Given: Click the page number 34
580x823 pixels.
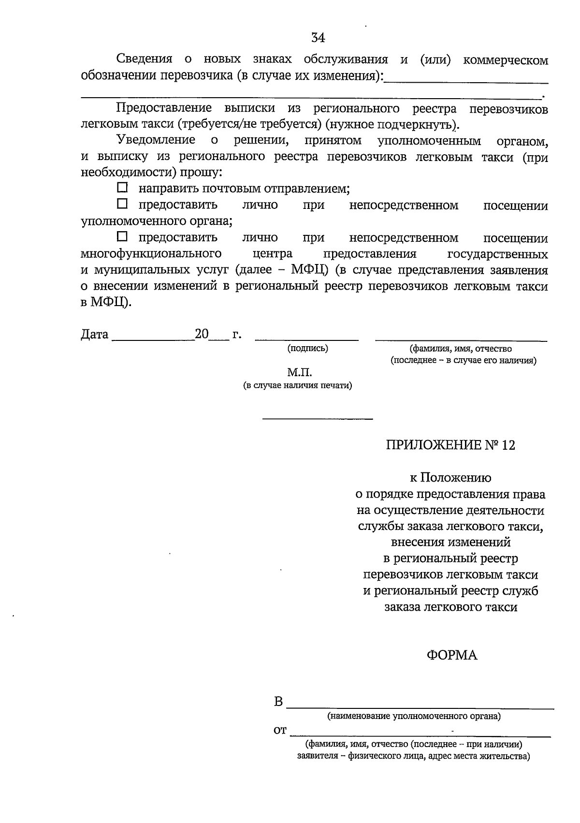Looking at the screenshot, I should click(318, 38).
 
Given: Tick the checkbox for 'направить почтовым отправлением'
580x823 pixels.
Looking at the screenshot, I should click(123, 187).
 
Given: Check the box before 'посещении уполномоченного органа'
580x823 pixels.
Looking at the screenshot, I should click(123, 204).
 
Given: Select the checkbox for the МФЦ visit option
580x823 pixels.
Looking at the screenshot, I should click(123, 236).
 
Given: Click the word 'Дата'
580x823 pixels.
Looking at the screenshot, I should click(95, 335).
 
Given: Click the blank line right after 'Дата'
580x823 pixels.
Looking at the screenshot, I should click(153, 340).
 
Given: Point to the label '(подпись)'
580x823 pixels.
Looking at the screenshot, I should click(307, 348).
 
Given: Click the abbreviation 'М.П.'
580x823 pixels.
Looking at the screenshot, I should click(300, 372).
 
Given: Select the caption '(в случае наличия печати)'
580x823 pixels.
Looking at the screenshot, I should click(297, 385).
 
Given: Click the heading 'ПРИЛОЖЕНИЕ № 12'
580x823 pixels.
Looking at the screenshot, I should click(450, 445).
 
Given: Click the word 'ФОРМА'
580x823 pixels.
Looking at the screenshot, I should click(451, 655).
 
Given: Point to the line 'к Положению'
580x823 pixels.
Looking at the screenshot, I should click(450, 478).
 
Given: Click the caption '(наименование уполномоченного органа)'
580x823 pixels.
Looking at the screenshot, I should click(414, 716).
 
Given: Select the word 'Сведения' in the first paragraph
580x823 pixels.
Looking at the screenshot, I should click(145, 59).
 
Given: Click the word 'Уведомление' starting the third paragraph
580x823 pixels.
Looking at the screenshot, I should click(156, 141).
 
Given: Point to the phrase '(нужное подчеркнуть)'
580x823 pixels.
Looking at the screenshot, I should click(391, 125).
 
